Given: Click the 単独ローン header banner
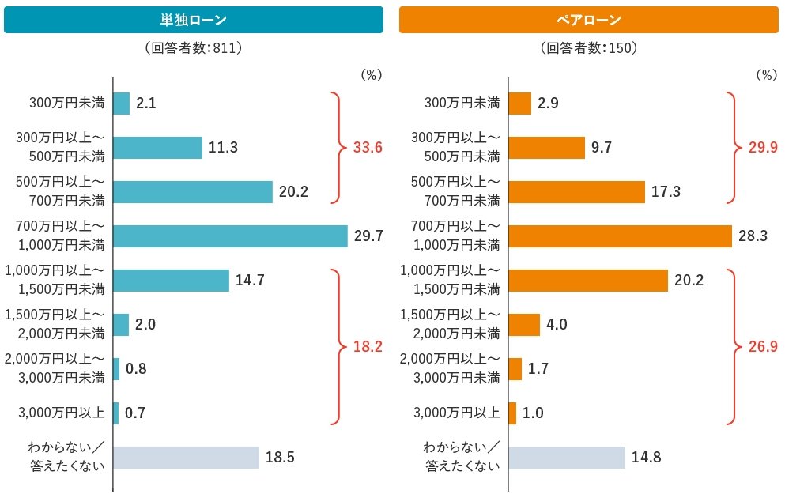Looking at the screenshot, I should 194,20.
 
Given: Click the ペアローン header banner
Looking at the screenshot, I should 588,20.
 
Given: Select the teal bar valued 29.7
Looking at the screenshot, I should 230,236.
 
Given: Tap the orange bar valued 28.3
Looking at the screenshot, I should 620,236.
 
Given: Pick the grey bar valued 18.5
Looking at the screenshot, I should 186,458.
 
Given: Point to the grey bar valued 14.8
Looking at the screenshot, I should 566,458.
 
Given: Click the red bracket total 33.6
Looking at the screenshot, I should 368,148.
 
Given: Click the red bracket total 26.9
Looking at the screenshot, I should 762,346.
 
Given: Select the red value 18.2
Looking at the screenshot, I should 368,346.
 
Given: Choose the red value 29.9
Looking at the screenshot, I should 762,148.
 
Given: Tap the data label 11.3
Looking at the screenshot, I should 224,148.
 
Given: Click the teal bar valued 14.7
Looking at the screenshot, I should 171,281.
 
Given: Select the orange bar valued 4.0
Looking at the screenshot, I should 523,325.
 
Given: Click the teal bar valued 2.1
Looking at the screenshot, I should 121,104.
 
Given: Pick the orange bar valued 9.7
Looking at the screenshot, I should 546,148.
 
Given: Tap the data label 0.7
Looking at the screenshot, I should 136,413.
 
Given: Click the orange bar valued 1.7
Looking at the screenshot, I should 515,369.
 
